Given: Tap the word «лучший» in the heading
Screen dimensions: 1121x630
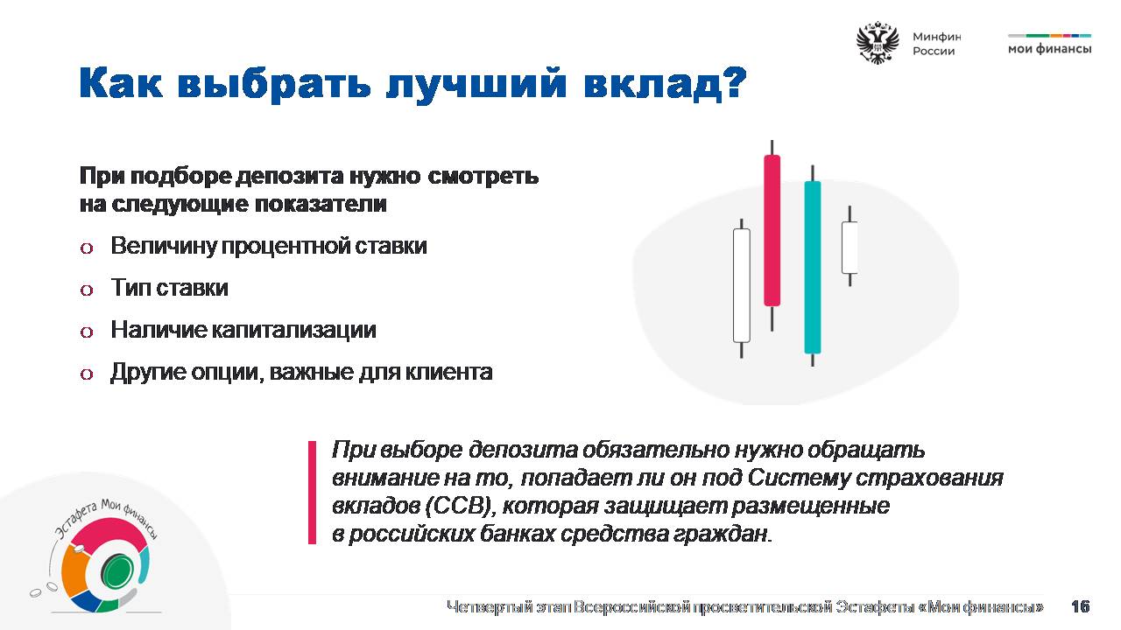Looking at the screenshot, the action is point(476,85).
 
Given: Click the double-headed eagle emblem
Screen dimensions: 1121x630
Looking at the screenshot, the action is point(877,43).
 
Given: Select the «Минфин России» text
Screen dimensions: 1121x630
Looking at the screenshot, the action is point(936,44).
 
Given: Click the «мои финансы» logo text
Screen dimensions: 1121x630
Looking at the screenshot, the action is point(1049,48).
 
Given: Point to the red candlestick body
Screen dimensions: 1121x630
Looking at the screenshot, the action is point(772,230).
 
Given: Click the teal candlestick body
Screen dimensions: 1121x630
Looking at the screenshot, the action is point(812,267).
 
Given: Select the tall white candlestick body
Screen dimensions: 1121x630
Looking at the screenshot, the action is point(741,285).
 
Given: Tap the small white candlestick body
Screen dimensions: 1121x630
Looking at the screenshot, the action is point(850,248).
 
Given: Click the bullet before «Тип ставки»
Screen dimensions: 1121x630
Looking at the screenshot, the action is point(87,290).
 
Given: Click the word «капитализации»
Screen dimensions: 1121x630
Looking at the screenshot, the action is point(293,330).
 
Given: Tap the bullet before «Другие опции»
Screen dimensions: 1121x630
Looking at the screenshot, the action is point(87,374).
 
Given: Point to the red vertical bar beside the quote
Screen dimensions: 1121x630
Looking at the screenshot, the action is point(312,492).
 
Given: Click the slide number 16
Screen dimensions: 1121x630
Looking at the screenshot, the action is point(1081,606).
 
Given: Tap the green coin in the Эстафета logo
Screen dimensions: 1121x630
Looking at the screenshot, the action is point(117,572).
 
